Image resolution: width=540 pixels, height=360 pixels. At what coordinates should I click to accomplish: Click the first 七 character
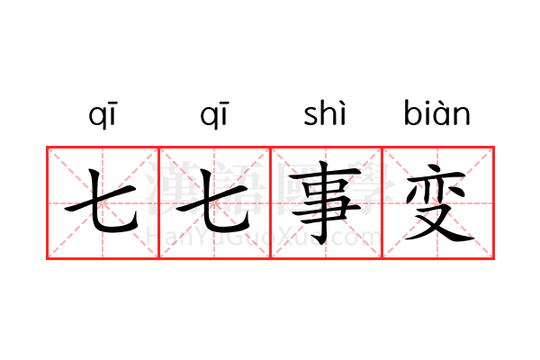pos(103,202)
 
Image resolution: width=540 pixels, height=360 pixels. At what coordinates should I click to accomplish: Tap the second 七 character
pos(213,202)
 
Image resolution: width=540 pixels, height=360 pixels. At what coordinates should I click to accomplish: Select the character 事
pos(325,202)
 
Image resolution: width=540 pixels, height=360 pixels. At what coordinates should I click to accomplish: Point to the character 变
pos(439,202)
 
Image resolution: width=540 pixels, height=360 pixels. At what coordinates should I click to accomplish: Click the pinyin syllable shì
pos(325,112)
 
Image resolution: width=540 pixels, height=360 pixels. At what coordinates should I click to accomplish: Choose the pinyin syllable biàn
pos(437,112)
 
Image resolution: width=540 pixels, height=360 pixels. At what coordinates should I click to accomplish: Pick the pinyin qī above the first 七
pos(103,115)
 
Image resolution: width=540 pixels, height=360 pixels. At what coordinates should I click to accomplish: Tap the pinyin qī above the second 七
pos(214,115)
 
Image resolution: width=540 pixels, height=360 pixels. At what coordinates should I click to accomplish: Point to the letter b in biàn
pos(412,112)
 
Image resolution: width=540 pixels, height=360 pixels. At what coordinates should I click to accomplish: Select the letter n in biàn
pos(463,116)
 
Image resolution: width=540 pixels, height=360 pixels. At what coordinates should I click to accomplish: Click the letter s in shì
pos(310,116)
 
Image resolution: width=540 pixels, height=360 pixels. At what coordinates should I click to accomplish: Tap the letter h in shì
pos(329,112)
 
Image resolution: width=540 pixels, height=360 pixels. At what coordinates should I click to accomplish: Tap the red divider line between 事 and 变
pos(382,202)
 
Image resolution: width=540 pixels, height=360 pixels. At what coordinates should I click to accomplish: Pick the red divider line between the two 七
pos(158,202)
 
